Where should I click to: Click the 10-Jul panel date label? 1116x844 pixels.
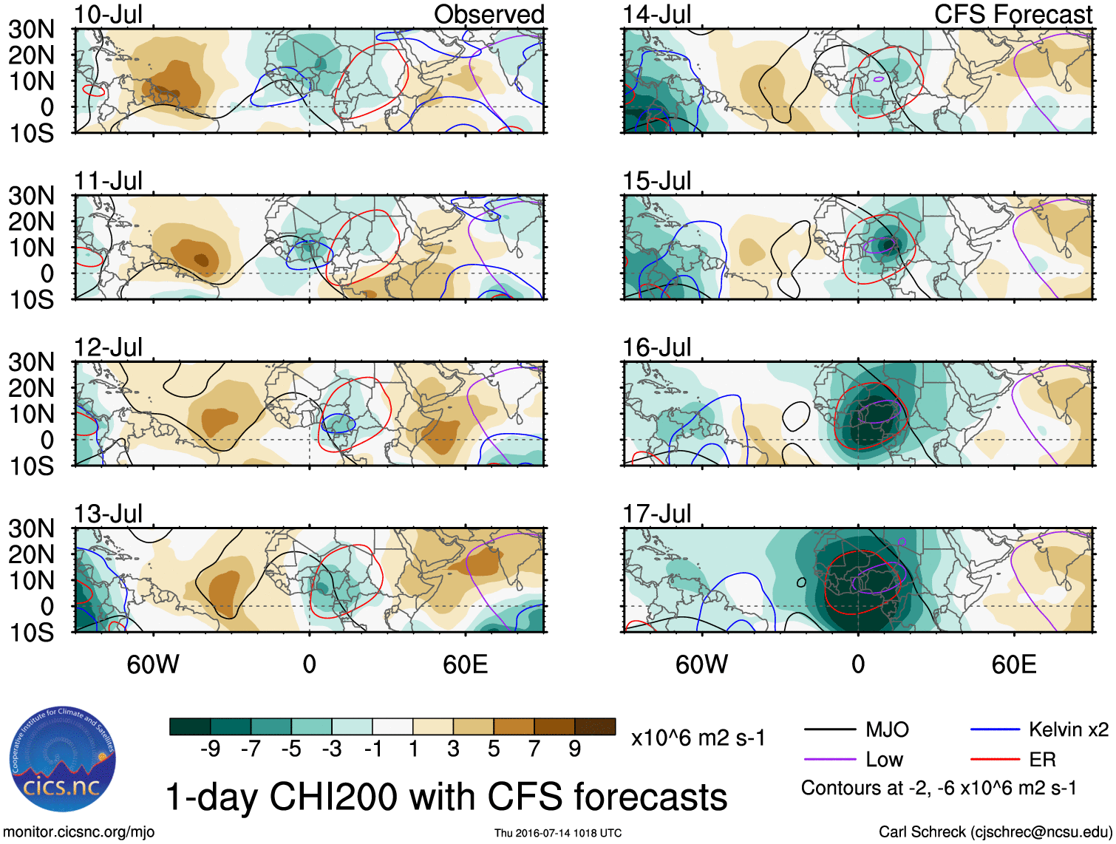point(108,15)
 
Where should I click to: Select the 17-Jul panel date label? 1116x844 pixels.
point(656,514)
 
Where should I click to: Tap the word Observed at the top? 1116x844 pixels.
point(489,14)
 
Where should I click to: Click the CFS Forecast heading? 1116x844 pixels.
point(1013,14)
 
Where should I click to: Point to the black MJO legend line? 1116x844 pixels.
point(829,730)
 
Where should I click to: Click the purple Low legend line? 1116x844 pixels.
point(829,760)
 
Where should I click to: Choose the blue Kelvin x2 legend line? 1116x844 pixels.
point(995,730)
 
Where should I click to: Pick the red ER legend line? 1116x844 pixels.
point(995,760)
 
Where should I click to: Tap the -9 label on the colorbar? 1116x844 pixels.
point(211,749)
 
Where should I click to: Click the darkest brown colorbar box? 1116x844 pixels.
point(595,726)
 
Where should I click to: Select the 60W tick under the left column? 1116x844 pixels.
point(153,664)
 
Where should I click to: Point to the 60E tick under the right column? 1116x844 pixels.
point(1013,664)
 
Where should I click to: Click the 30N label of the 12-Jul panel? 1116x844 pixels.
point(31,362)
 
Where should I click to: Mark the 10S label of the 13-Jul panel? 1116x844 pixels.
point(31,633)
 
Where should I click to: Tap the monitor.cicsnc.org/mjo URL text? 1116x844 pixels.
point(79,832)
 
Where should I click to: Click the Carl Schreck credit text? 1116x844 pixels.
point(995,832)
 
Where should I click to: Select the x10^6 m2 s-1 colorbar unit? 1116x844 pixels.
point(698,738)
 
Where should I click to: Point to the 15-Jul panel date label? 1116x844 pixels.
point(656,181)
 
